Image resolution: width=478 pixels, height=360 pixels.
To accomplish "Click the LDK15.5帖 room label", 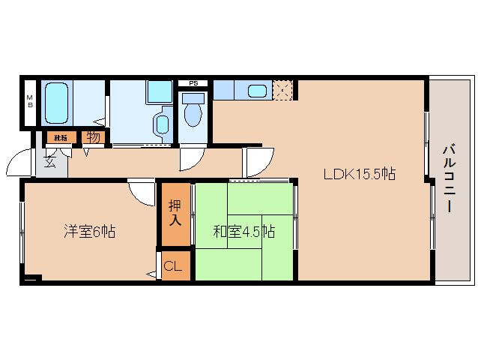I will pyautogui.click(x=359, y=174).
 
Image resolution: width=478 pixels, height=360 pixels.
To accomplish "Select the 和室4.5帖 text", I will pyautogui.click(x=243, y=232).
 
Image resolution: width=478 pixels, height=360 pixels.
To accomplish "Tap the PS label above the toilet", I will pyautogui.click(x=193, y=82).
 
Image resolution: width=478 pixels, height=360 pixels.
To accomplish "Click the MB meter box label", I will pyautogui.click(x=30, y=100).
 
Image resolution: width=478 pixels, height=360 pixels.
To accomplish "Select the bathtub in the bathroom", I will pyautogui.click(x=57, y=103).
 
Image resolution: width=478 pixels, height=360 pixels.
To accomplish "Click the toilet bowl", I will pyautogui.click(x=193, y=113).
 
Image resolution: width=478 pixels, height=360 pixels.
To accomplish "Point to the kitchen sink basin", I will pyautogui.click(x=257, y=91).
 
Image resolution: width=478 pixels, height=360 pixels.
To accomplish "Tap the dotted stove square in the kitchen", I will pyautogui.click(x=282, y=91).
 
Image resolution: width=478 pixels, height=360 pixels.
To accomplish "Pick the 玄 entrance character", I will pyautogui.click(x=49, y=160).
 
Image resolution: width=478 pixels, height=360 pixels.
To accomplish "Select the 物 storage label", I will pyautogui.click(x=93, y=137).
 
